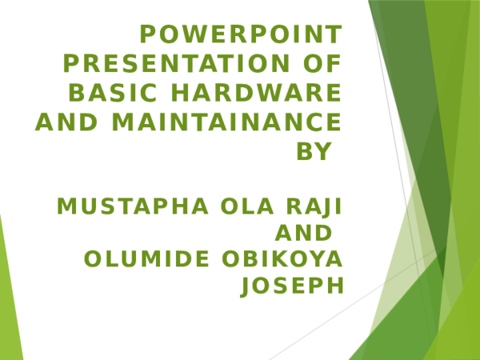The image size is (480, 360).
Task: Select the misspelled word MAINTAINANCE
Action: point(226,122)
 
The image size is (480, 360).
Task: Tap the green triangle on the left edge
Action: point(7,304)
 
